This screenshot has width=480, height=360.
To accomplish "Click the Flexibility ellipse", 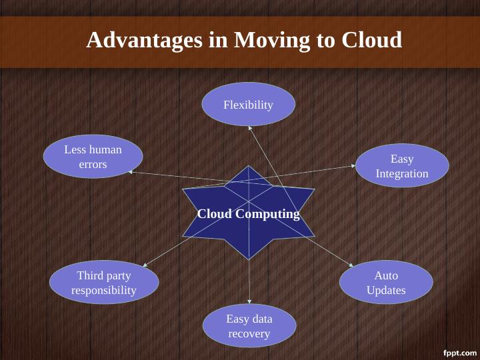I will click(248, 105).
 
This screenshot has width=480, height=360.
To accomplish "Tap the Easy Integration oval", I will click(402, 166).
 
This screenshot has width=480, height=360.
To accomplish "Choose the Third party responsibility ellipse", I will click(104, 283).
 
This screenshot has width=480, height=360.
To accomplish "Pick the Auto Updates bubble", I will click(386, 283).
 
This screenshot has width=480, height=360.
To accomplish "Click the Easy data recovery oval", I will click(249, 326).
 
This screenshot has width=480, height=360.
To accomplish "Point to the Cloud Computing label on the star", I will click(249, 214).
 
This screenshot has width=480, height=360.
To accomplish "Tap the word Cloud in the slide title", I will click(371, 40).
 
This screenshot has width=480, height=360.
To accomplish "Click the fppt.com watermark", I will click(460, 351).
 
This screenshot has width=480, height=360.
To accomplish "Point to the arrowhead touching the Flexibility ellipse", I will click(248, 127).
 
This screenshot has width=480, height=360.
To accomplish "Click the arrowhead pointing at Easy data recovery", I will click(249, 303).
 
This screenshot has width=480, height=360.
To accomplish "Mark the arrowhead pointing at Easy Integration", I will click(355, 167).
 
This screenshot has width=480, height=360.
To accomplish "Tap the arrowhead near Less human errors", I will click(131, 172).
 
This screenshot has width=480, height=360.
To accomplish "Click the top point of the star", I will click(249, 166).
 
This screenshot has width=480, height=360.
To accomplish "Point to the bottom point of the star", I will click(249, 259).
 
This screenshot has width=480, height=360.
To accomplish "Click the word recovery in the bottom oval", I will click(249, 333).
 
